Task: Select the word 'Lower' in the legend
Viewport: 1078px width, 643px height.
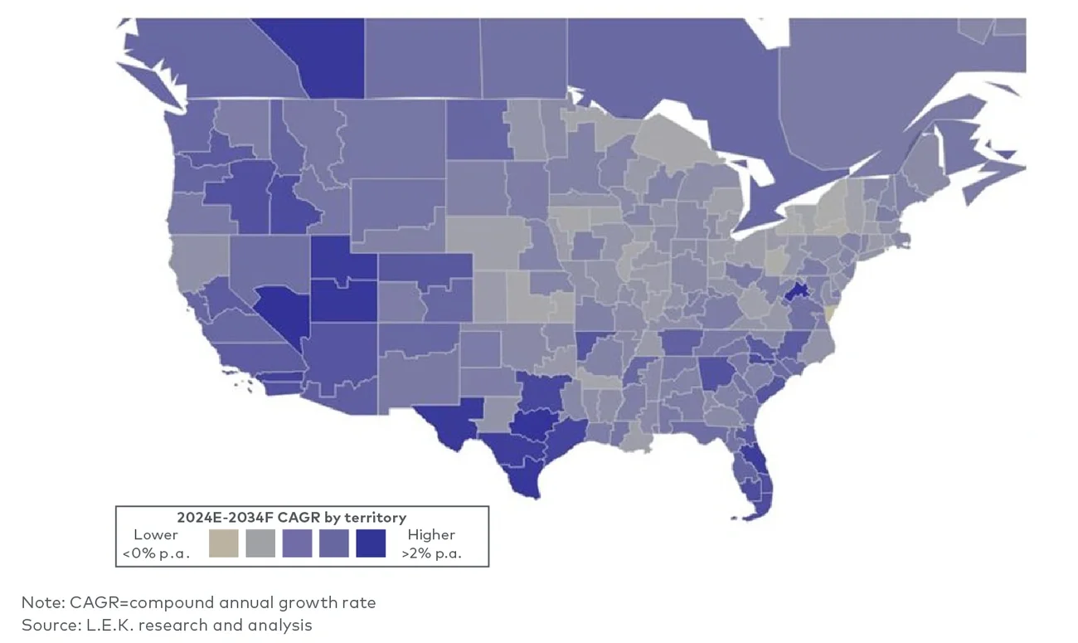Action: coord(156,535)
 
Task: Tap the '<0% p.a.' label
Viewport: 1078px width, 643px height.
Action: coord(156,553)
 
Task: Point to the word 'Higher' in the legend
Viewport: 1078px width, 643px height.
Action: coord(431,535)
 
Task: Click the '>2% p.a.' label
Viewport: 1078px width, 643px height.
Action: coord(431,553)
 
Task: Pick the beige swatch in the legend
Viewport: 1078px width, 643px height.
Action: coord(223,543)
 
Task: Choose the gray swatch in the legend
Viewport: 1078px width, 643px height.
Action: coord(260,543)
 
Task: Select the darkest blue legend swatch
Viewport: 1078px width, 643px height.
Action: coord(371,543)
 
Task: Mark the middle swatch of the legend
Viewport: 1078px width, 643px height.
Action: coord(297,543)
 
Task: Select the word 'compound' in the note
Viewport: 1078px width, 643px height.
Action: coord(177,602)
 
